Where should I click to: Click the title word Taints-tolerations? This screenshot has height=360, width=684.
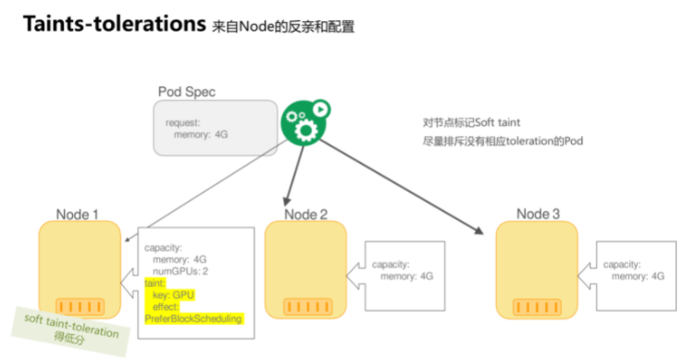pos(114,24)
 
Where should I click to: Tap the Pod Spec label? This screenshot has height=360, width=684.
pos(187,92)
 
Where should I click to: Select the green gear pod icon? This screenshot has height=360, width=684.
pos(305,122)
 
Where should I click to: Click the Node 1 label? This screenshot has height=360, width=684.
pos(77,215)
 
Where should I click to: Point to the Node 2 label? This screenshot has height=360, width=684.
pos(305,215)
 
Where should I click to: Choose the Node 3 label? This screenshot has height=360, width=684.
pos(538,214)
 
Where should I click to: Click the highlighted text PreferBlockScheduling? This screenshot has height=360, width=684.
pos(193,318)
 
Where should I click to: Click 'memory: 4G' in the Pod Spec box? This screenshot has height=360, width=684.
pos(201,134)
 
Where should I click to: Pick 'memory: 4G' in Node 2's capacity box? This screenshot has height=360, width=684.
pos(406,276)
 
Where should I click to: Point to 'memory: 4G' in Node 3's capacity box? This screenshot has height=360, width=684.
pos(638,276)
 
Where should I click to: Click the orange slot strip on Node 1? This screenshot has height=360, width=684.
pos(80,306)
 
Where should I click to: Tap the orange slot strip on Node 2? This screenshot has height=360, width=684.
pos(308,306)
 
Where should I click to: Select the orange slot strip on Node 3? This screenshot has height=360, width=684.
pos(537,307)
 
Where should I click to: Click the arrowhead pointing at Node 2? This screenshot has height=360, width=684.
pos(287,201)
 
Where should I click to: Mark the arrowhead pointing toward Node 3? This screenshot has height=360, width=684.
pos(479,230)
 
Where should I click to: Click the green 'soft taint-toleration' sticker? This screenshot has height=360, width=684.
pos(70,331)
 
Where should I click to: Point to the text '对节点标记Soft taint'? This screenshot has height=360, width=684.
pos(471,122)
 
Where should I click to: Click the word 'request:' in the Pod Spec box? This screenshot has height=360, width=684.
pos(182,122)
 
